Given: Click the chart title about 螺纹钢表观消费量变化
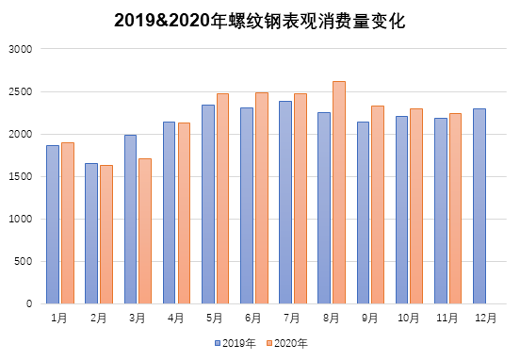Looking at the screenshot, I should pyautogui.click(x=259, y=20).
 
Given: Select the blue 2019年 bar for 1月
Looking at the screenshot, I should pyautogui.click(x=53, y=224).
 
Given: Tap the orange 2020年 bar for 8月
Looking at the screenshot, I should pyautogui.click(x=339, y=192).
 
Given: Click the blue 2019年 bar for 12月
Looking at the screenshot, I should pyautogui.click(x=479, y=206).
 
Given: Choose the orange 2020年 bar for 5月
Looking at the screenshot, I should pyautogui.click(x=222, y=199).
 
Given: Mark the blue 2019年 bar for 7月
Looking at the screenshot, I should pyautogui.click(x=285, y=203).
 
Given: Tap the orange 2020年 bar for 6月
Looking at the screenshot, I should pyautogui.click(x=261, y=198).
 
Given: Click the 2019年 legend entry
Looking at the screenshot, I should pyautogui.click(x=236, y=343).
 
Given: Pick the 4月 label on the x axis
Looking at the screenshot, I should pyautogui.click(x=176, y=319).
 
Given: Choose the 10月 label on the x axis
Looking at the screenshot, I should pyautogui.click(x=409, y=319).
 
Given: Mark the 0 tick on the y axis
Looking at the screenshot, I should pyautogui.click(x=28, y=303).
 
